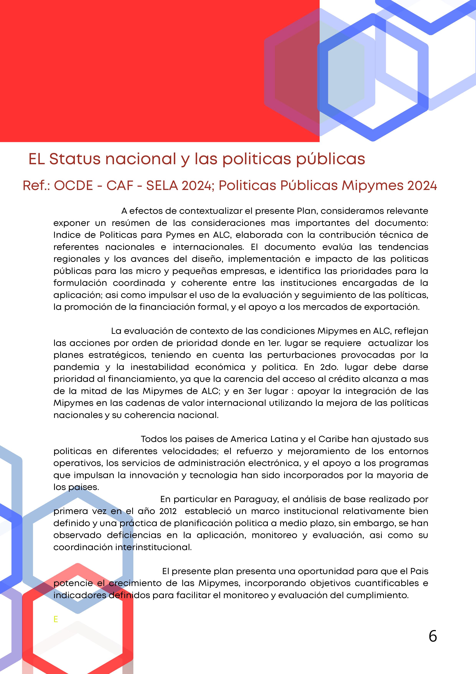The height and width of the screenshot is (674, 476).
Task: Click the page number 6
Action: click(x=433, y=636)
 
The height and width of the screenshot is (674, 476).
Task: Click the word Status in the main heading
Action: click(x=75, y=159)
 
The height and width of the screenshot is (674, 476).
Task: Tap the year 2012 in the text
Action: click(x=168, y=511)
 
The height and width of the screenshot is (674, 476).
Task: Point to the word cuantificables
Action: click(x=386, y=583)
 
